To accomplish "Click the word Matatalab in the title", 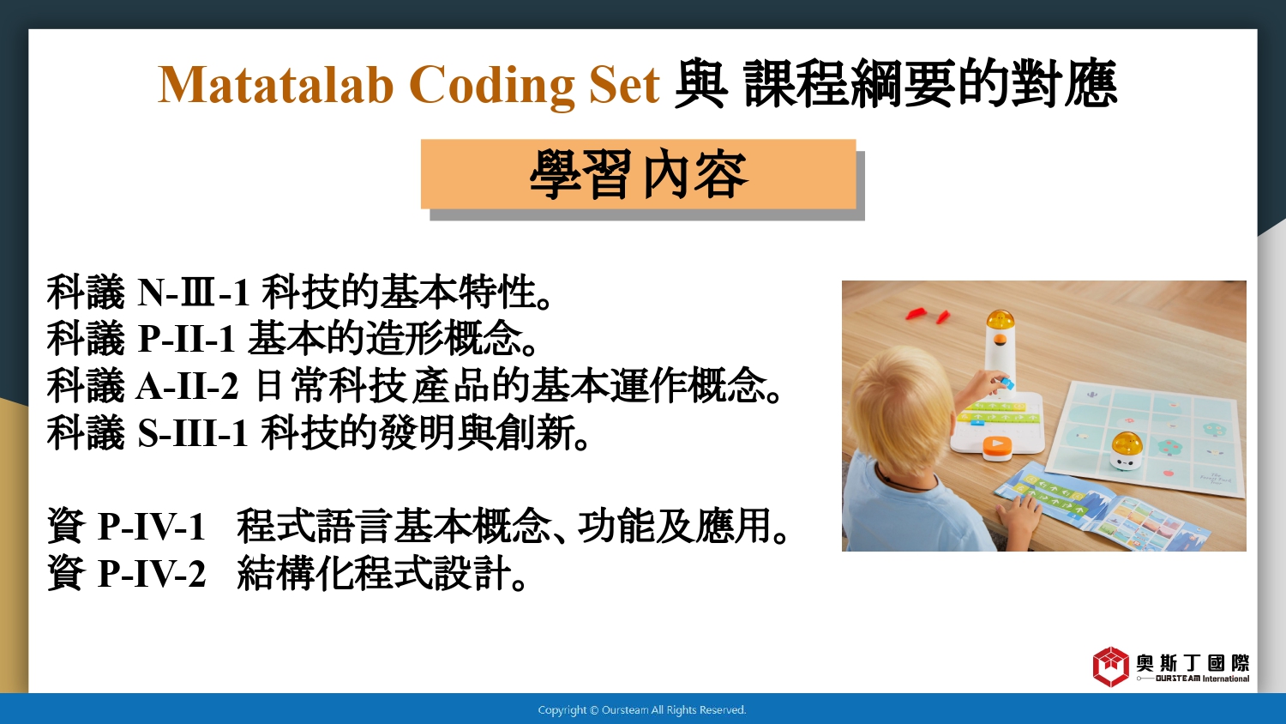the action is click(x=275, y=85).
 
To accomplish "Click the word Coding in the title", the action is click(x=491, y=86).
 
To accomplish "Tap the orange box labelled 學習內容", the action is click(x=639, y=173).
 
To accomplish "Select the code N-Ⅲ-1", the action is click(x=194, y=292).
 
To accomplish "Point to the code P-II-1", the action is click(x=187, y=339).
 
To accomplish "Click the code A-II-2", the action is click(x=187, y=385).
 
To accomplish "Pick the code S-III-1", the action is click(x=193, y=432).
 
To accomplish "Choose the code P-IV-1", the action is click(x=152, y=526).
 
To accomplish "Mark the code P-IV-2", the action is click(x=152, y=573).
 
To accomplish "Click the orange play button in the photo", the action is click(x=996, y=447).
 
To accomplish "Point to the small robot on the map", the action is click(x=1127, y=450).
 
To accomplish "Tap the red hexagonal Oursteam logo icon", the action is click(x=1110, y=667).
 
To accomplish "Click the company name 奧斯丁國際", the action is click(x=1193, y=663).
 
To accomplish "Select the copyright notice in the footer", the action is click(x=642, y=710).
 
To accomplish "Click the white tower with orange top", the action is click(x=1000, y=351).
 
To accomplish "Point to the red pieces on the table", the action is click(x=927, y=315).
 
